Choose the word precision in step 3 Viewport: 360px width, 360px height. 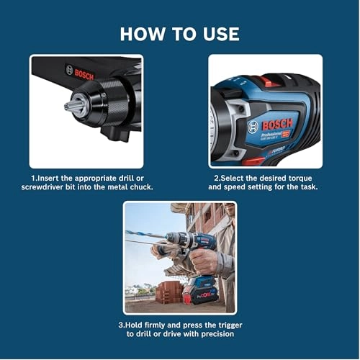213,334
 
